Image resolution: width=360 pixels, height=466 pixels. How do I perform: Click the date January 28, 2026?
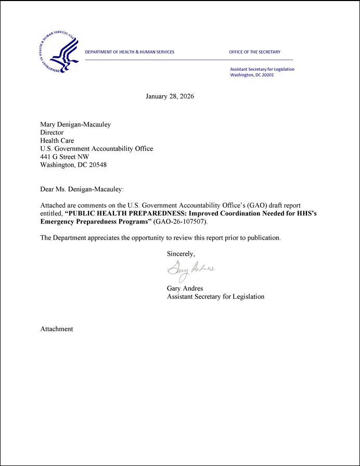point(170,96)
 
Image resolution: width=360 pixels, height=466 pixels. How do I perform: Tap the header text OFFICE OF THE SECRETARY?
point(254,52)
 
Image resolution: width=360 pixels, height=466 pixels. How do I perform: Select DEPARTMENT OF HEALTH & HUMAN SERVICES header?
point(130,52)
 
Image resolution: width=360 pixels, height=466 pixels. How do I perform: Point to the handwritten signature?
point(190,270)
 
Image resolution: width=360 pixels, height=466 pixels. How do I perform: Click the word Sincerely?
point(181,254)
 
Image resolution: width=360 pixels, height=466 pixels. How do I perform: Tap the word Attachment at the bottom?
point(57,329)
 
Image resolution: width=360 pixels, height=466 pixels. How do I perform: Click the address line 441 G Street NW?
point(65,157)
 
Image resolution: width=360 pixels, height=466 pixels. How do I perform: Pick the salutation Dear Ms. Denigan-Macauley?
point(82,189)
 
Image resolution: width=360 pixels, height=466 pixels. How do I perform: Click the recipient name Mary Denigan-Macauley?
point(75,124)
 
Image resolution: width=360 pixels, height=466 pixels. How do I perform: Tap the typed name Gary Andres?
point(185,288)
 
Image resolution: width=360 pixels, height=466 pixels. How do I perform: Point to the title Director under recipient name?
point(52,132)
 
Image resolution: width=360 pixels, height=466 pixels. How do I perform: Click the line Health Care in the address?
point(57,141)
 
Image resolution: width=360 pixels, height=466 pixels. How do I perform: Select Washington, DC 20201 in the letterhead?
point(252,75)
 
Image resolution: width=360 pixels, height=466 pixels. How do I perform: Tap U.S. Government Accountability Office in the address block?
point(97,148)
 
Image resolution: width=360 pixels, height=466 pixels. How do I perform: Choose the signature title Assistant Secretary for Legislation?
point(215,296)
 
